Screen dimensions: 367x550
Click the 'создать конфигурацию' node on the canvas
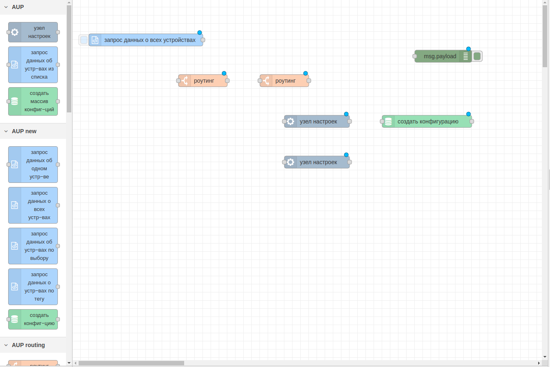click(428, 121)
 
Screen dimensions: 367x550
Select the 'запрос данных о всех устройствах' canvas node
click(150, 40)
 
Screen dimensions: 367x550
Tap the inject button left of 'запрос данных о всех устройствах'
click(84, 40)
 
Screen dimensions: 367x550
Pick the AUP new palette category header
click(24, 131)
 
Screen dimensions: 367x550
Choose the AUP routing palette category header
click(28, 345)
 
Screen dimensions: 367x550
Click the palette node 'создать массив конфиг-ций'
click(39, 101)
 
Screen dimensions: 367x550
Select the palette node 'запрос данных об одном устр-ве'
click(39, 165)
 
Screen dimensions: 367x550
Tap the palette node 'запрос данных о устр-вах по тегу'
click(39, 287)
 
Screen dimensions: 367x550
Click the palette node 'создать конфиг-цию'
click(39, 319)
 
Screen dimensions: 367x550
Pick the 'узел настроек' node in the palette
click(39, 32)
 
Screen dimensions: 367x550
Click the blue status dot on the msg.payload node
click(469, 49)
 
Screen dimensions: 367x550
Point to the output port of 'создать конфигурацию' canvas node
click(472, 121)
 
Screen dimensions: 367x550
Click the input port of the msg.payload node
click(415, 56)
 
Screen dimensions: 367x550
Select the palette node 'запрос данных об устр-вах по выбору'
click(39, 246)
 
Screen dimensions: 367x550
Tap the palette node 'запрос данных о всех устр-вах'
click(39, 205)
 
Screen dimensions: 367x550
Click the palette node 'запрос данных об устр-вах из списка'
click(39, 65)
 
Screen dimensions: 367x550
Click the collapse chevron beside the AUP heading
click(6, 7)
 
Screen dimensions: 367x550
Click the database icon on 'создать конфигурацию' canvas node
click(388, 121)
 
